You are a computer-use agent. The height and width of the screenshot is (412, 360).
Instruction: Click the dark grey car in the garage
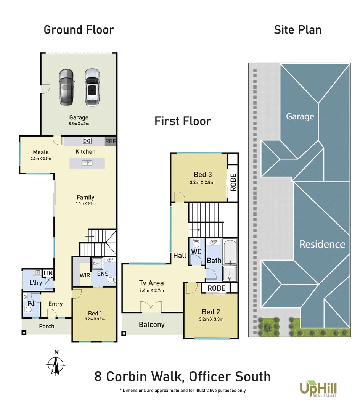(x=66, y=88)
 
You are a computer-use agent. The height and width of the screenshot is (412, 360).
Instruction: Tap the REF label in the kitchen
(x=111, y=141)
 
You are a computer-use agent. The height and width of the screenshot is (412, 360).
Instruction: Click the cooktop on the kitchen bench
(x=87, y=141)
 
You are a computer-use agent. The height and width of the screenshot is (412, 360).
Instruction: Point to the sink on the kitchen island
(x=87, y=163)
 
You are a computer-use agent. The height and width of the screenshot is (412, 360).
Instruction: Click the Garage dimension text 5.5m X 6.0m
(x=79, y=124)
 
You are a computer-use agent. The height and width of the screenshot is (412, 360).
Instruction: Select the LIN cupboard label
(x=48, y=273)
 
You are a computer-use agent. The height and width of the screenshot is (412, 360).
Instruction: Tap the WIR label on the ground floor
(x=85, y=275)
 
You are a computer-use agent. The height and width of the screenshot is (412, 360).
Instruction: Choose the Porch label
(x=47, y=326)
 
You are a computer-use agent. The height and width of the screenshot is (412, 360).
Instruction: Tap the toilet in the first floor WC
(x=196, y=243)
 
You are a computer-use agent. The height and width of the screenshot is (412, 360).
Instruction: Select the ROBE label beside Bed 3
(x=233, y=182)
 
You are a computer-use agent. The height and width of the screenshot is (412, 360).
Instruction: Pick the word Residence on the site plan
(x=322, y=244)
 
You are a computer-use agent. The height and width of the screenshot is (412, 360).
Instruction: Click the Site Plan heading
(x=297, y=30)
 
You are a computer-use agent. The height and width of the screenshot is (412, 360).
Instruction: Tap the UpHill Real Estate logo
(x=318, y=390)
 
